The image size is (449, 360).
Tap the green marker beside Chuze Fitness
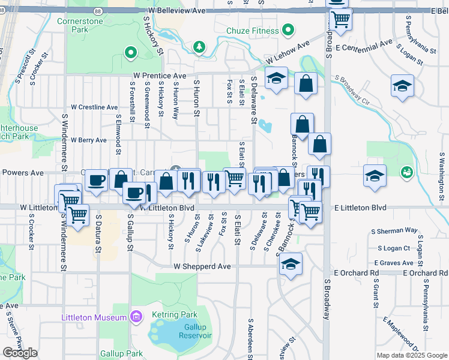(288, 29)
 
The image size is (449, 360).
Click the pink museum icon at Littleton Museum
(136, 316)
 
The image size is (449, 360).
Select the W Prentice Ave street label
(160, 76)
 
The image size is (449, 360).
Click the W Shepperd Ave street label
(202, 266)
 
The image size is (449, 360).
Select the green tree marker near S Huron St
(199, 46)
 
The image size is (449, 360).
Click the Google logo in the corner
(20, 353)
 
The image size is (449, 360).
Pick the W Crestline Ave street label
(94, 107)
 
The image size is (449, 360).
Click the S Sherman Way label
(394, 230)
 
